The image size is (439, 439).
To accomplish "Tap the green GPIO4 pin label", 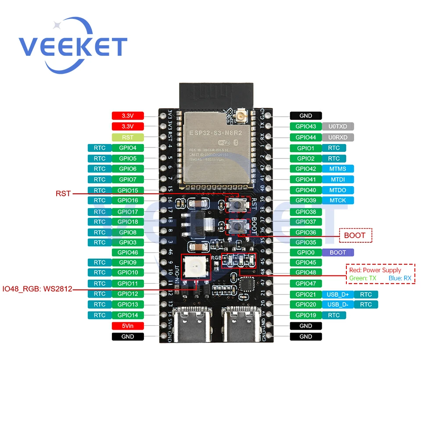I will pyautogui.click(x=128, y=148).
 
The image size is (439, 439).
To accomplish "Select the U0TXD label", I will pyautogui.click(x=338, y=126).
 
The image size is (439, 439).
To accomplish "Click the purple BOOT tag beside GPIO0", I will pyautogui.click(x=338, y=252).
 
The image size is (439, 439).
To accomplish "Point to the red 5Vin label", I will pyautogui.click(x=128, y=326).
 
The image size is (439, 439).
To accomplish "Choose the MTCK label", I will pyautogui.click(x=338, y=200).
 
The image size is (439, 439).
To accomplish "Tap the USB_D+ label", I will pyautogui.click(x=338, y=294).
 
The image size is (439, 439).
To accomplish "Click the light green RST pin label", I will pyautogui.click(x=128, y=137).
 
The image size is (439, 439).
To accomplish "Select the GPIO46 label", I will pyautogui.click(x=128, y=252).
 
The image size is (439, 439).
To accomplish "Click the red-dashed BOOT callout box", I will pyautogui.click(x=355, y=235).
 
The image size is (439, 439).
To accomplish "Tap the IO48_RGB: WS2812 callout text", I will pyautogui.click(x=37, y=289).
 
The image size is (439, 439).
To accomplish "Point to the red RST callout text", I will pyautogui.click(x=63, y=193).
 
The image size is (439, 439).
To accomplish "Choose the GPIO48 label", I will pyautogui.click(x=306, y=273).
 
